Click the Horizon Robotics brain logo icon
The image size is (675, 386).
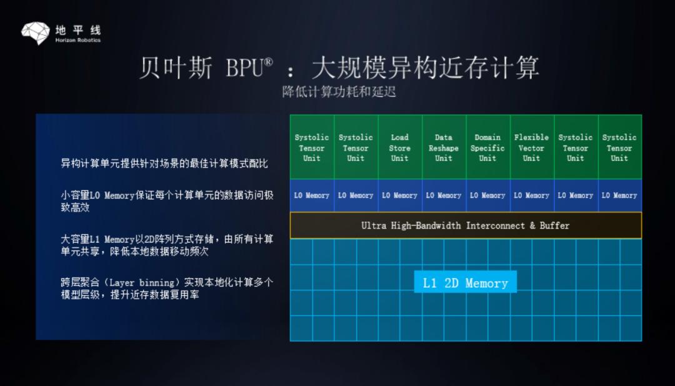click(x=36, y=32)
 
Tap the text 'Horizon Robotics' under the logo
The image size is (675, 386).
click(x=78, y=40)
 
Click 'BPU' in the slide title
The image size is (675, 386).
click(x=244, y=67)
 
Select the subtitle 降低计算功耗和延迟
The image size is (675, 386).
click(x=339, y=92)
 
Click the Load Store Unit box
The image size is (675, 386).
click(x=400, y=147)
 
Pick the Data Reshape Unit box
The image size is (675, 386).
click(x=444, y=147)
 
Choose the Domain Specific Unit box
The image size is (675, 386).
click(x=487, y=147)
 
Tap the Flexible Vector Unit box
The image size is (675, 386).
click(x=532, y=147)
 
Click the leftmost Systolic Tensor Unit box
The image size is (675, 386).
click(x=312, y=147)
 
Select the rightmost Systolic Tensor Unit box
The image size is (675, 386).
click(x=619, y=147)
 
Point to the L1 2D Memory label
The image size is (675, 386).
click(x=466, y=282)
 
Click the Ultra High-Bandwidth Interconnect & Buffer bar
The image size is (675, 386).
click(x=466, y=225)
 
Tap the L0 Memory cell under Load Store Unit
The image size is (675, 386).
click(x=400, y=195)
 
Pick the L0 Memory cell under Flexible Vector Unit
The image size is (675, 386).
click(x=532, y=195)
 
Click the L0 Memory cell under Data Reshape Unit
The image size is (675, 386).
click(x=444, y=195)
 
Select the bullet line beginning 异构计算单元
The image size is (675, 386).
click(x=164, y=163)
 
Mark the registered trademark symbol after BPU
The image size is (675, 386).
click(x=267, y=62)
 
